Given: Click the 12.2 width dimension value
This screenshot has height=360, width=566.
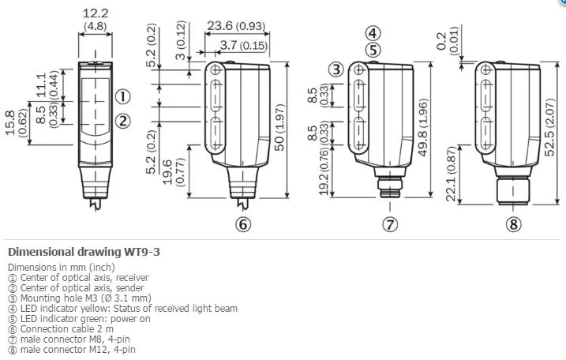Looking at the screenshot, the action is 96,13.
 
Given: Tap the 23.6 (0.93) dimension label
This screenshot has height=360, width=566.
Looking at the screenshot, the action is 236,26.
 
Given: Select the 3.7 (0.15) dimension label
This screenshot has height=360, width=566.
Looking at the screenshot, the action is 244,46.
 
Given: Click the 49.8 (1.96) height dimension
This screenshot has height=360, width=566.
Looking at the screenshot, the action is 422,127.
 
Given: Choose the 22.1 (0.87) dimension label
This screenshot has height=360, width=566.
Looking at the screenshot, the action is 452,174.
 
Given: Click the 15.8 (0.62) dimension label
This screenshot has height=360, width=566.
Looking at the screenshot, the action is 16,123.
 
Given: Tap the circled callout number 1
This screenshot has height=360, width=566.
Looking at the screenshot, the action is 122,97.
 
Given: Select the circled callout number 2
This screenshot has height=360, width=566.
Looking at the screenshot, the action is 122,121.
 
